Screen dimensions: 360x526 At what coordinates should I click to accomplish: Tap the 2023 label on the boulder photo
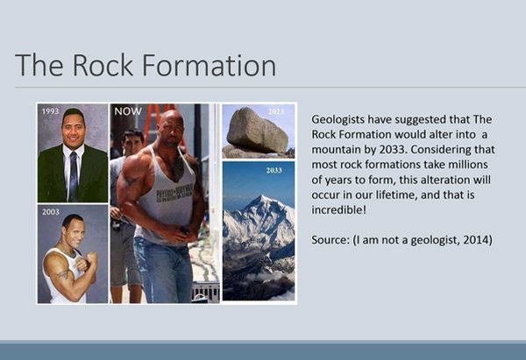click(x=276, y=112)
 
